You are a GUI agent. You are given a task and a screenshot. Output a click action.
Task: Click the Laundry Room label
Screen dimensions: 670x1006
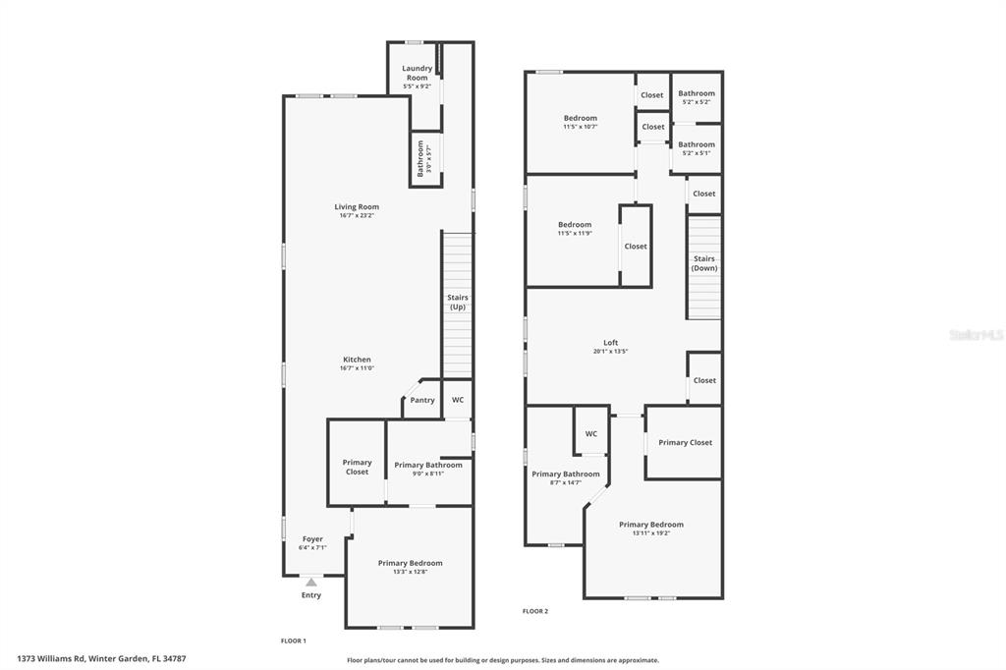pyautogui.click(x=417, y=73)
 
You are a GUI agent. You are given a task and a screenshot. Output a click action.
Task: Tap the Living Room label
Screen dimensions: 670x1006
pyautogui.click(x=357, y=207)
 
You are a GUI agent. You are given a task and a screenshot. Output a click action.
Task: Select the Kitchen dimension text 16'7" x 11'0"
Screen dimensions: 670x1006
pyautogui.click(x=357, y=368)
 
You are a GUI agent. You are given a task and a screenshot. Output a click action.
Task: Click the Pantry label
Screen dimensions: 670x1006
pyautogui.click(x=422, y=400)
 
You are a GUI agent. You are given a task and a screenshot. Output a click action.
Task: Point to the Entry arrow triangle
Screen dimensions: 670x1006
pyautogui.click(x=311, y=583)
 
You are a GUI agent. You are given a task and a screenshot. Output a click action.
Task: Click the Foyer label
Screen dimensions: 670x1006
pyautogui.click(x=312, y=539)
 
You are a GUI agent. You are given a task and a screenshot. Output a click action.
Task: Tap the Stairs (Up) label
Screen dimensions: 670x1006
pyautogui.click(x=457, y=303)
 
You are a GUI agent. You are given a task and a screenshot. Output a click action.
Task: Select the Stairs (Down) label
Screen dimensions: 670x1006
pyautogui.click(x=703, y=263)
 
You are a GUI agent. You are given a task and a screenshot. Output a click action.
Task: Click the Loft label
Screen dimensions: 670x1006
pyautogui.click(x=610, y=343)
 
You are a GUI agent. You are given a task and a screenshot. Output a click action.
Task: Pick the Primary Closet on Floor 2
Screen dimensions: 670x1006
pyautogui.click(x=686, y=442)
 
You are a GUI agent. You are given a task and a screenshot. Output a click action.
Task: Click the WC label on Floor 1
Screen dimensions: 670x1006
pyautogui.click(x=458, y=400)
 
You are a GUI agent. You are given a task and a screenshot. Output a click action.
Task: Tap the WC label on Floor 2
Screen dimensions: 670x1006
pyautogui.click(x=591, y=433)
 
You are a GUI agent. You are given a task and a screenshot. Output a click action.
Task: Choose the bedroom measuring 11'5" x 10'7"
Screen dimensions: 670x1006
pyautogui.click(x=580, y=119)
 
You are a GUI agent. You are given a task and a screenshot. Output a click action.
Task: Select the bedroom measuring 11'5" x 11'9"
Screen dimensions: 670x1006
pyautogui.click(x=575, y=225)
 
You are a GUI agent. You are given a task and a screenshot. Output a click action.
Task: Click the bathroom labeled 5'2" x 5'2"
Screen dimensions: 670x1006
pyautogui.click(x=697, y=94)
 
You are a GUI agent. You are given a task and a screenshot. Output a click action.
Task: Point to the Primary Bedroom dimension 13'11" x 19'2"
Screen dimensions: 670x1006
pyautogui.click(x=651, y=533)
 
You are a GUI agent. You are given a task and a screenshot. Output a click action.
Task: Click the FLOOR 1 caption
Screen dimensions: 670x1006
pyautogui.click(x=294, y=641)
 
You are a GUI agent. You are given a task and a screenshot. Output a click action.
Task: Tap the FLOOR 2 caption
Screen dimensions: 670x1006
pyautogui.click(x=535, y=611)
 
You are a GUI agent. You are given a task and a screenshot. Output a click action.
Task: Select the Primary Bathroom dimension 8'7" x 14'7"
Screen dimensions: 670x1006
pyautogui.click(x=566, y=482)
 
